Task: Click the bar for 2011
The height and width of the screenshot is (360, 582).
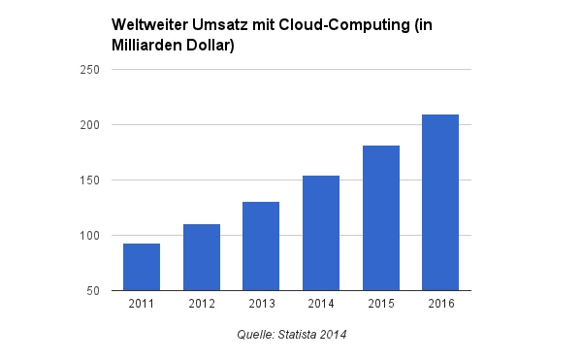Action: (x=142, y=267)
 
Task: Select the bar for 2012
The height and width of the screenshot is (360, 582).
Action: (x=202, y=257)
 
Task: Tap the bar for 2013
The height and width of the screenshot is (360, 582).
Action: (x=261, y=246)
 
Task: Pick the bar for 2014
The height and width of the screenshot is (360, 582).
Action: (x=321, y=233)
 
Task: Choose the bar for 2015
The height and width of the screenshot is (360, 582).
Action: (x=381, y=218)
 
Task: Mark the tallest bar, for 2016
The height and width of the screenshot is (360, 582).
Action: (x=440, y=203)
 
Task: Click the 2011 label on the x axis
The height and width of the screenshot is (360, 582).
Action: (x=142, y=305)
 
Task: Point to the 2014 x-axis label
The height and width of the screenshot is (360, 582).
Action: (x=321, y=305)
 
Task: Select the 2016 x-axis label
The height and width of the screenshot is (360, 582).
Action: (x=440, y=305)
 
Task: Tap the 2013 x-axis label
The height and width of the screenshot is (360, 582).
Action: (x=261, y=305)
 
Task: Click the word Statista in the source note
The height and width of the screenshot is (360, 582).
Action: (x=299, y=335)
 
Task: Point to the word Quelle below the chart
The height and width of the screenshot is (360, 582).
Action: (x=255, y=335)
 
